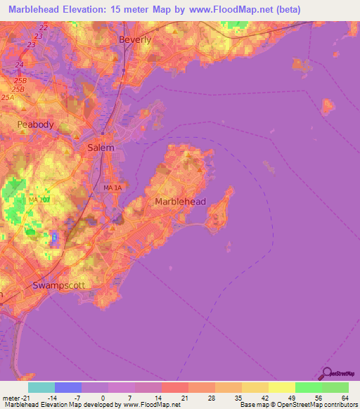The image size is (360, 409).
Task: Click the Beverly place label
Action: (136, 40)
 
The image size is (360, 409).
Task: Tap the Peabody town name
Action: (35, 124)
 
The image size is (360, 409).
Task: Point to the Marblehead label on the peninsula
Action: (180, 202)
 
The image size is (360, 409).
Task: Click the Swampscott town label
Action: (58, 285)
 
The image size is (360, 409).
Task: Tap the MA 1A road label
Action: (112, 188)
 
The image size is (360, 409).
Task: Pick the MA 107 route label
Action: (39, 200)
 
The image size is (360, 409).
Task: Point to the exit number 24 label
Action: (19, 65)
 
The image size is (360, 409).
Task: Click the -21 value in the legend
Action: (27, 397)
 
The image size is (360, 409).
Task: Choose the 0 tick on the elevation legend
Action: (103, 397)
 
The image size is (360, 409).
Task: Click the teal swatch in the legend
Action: (41, 387)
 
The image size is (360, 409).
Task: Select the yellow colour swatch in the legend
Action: (282, 387)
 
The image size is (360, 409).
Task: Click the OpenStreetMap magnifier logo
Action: (328, 374)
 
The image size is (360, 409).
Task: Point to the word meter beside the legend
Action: (11, 397)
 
